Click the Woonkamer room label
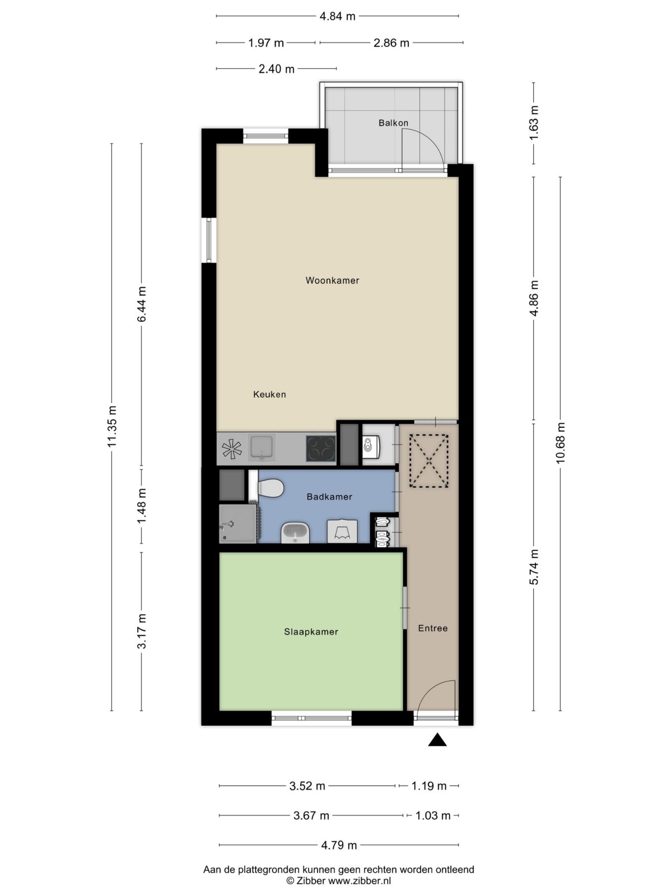coord(332,281)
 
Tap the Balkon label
coord(393,123)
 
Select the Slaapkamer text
coord(311,632)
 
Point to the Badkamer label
coord(329,497)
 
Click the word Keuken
coord(269,394)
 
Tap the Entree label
coord(432,628)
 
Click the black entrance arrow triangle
coord(437,739)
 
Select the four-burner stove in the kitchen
coord(321,448)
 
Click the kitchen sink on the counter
coord(262,448)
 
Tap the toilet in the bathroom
coord(270,488)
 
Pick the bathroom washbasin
coord(295,533)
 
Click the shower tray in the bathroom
coord(238,524)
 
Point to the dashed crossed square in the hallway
coord(429,461)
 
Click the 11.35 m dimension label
coord(112,426)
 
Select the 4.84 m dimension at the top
coord(338,16)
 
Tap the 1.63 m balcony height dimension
coord(534,123)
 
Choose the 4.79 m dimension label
coord(339,845)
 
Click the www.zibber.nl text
coord(360,881)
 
